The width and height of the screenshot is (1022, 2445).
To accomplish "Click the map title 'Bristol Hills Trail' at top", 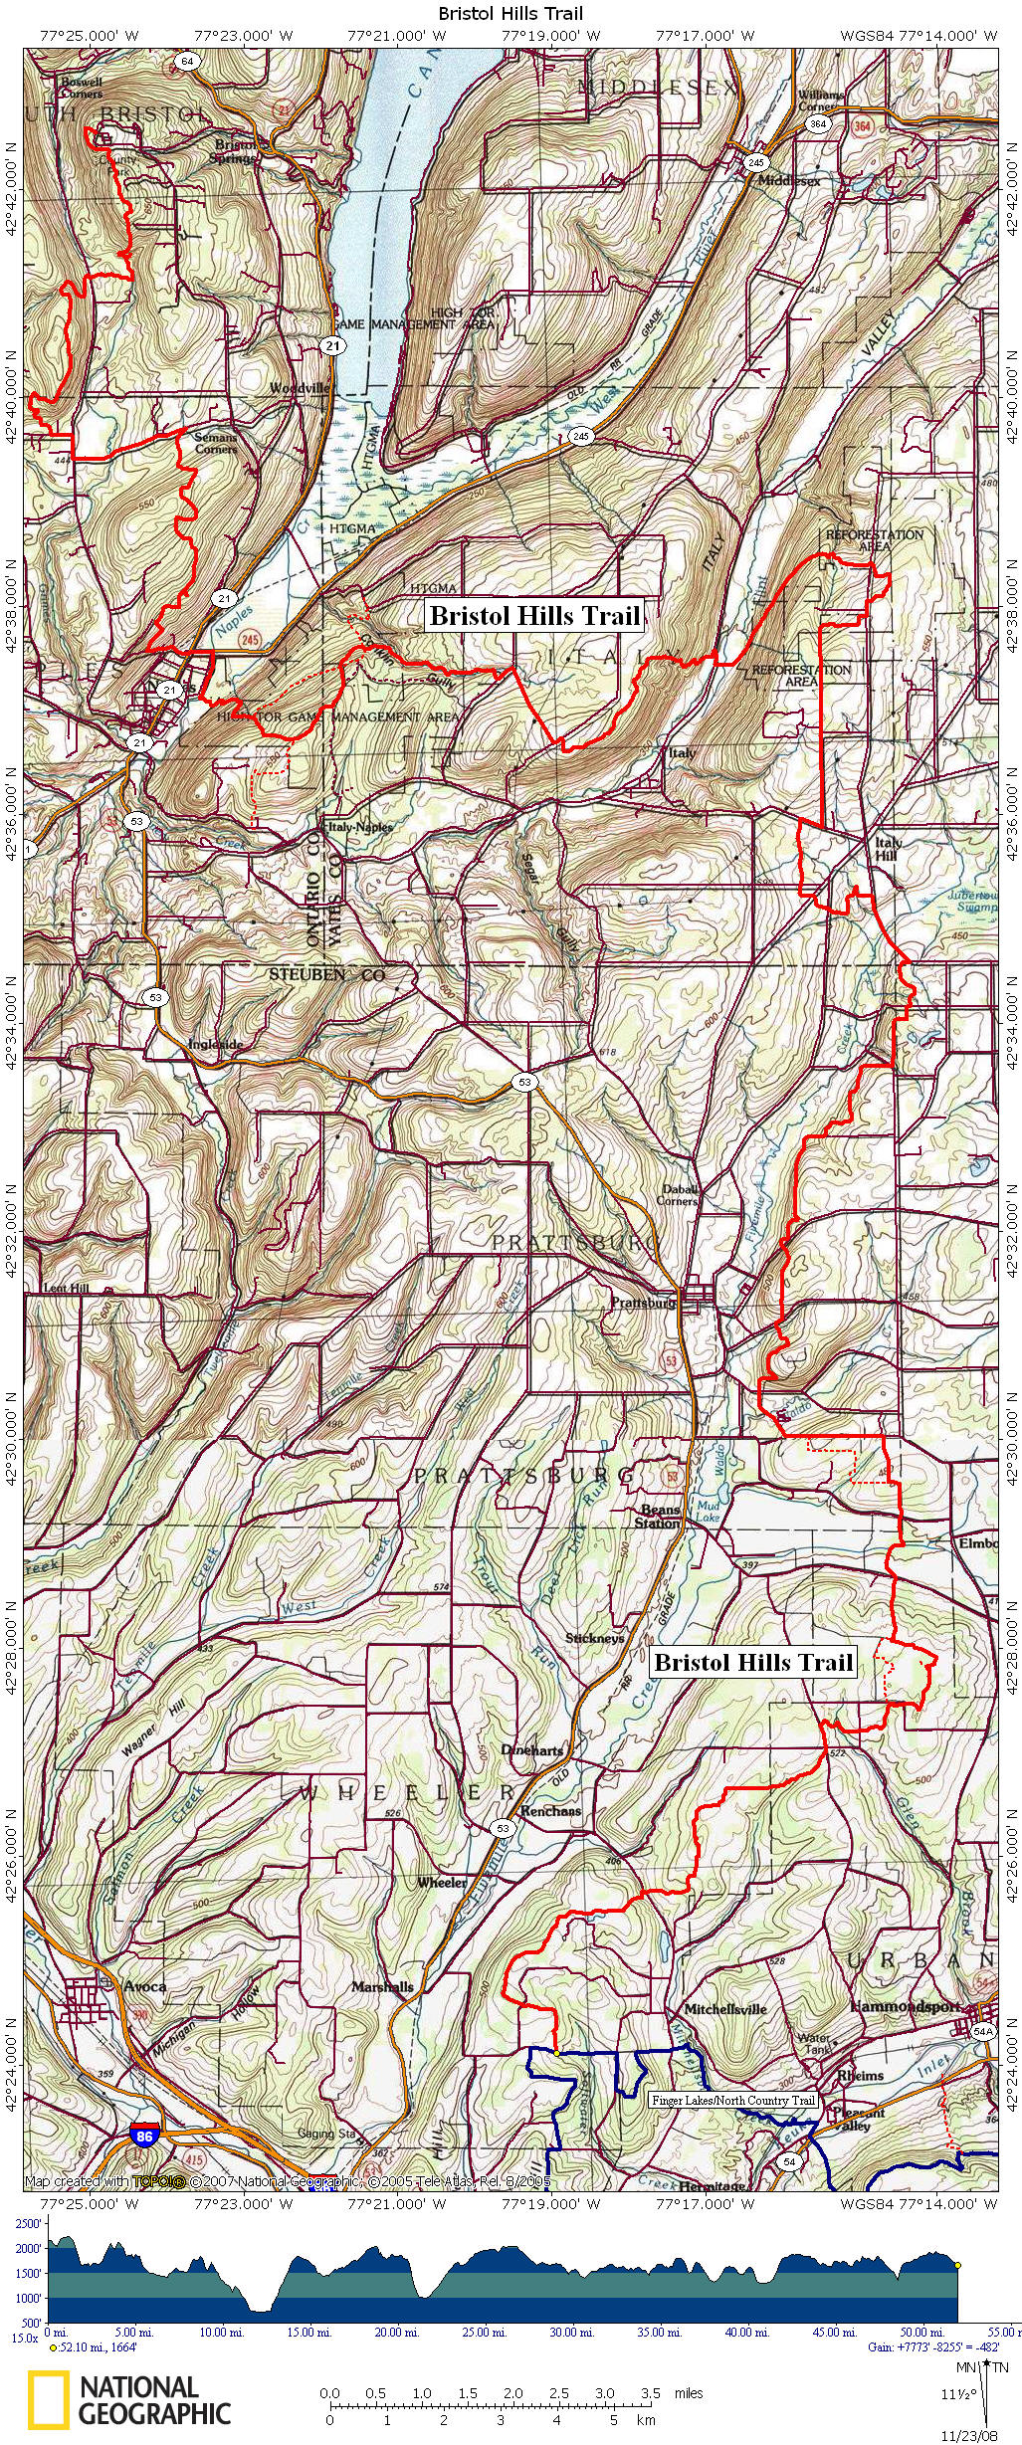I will click(511, 14).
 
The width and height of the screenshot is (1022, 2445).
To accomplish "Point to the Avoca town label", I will click(145, 1985).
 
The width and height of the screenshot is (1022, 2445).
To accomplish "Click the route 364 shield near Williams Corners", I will click(817, 124).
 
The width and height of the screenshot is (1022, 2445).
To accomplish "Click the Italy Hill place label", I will click(887, 848).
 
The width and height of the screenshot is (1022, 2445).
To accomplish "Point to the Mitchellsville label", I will click(724, 2008).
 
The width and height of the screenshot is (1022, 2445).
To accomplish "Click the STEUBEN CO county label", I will click(326, 975).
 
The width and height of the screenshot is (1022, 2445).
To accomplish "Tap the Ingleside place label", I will click(215, 1045).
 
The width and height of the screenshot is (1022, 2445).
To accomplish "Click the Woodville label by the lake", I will click(299, 387).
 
